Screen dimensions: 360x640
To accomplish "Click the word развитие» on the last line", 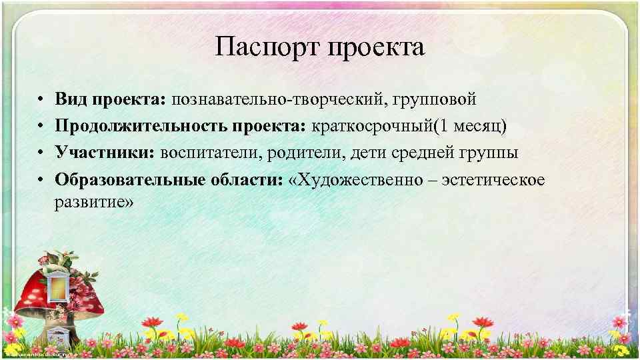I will [94, 203].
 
